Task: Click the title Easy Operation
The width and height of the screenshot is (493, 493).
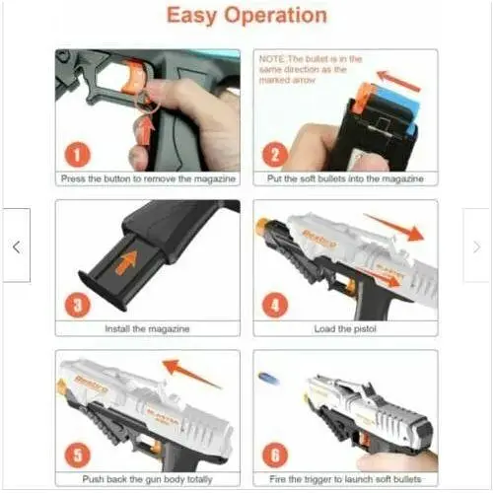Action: pyautogui.click(x=246, y=16)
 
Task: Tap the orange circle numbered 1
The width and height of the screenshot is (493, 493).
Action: pyautogui.click(x=80, y=154)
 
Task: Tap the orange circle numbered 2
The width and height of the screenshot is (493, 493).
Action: pyautogui.click(x=275, y=154)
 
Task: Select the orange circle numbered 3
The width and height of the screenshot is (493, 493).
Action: pyautogui.click(x=80, y=304)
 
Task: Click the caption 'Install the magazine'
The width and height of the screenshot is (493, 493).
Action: pyautogui.click(x=147, y=328)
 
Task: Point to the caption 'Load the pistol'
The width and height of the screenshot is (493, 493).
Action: pyautogui.click(x=344, y=328)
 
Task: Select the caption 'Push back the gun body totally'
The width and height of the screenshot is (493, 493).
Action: pyautogui.click(x=147, y=478)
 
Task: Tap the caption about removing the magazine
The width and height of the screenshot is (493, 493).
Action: pyautogui.click(x=147, y=179)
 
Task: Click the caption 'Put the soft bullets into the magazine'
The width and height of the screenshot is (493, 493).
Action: pyautogui.click(x=344, y=179)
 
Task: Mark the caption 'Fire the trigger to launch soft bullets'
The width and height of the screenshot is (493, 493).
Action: pyautogui.click(x=344, y=478)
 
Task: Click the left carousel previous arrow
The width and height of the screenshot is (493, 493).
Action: pyautogui.click(x=16, y=246)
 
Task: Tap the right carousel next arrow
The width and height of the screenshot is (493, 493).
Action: pyautogui.click(x=477, y=246)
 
